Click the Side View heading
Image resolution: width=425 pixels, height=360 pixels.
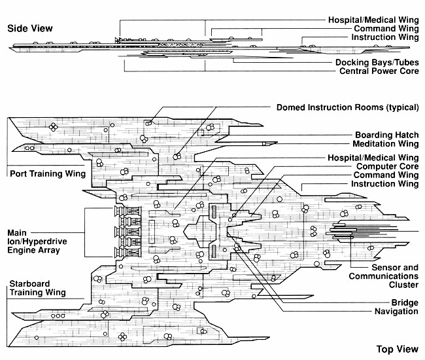pos(29,29)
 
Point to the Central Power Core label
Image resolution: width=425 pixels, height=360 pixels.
pos(379,71)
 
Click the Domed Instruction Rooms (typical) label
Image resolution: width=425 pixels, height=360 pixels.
pos(347,107)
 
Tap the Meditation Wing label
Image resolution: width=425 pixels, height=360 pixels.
pos(385,144)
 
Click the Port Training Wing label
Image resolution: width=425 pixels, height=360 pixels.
pos(44,174)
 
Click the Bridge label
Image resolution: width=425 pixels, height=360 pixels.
pos(405,302)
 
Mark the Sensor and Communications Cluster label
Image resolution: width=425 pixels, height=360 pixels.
pos(385,276)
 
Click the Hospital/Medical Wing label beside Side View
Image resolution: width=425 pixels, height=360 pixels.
pos(373,20)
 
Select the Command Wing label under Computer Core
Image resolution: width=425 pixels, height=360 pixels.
pos(386,175)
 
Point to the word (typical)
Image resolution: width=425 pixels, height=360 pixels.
pos(398,107)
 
